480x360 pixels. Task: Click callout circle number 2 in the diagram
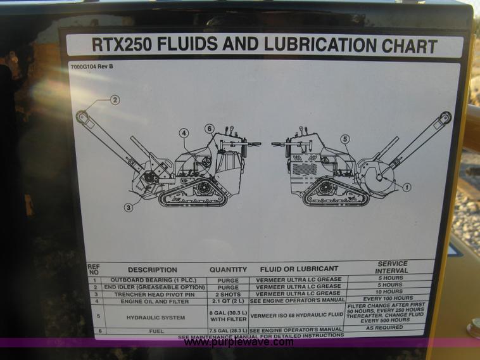tap(115, 100)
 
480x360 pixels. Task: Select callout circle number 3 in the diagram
tap(129, 207)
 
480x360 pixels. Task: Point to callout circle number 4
tap(184, 133)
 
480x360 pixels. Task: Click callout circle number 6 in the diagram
tap(210, 129)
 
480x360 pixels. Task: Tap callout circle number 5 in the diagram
tap(344, 139)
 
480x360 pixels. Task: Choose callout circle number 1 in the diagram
tap(406, 187)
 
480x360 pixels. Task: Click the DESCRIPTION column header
tap(153, 269)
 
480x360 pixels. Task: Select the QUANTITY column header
tap(228, 269)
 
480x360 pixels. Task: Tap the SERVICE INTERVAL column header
tap(392, 267)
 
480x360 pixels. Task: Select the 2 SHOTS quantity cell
tap(228, 293)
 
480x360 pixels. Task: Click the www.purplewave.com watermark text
tap(239, 343)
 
